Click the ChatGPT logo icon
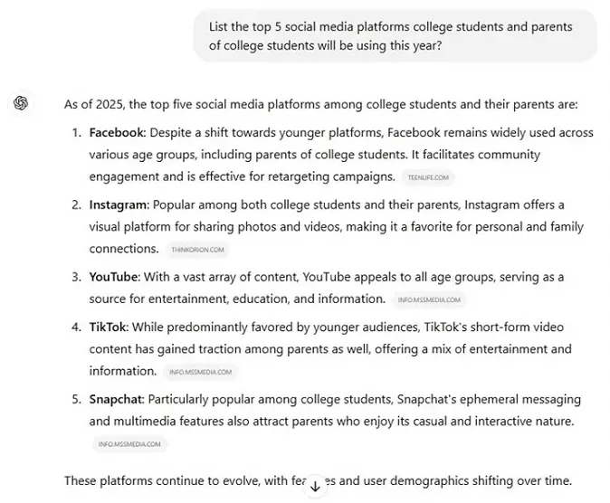click(x=21, y=103)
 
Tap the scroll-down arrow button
click(x=315, y=486)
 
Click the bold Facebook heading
click(x=117, y=132)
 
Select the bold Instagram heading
click(x=118, y=204)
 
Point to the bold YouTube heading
click(x=113, y=277)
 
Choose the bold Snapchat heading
click(x=116, y=399)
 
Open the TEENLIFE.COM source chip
click(x=428, y=177)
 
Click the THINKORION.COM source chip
click(x=197, y=250)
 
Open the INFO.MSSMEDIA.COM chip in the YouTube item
click(x=429, y=299)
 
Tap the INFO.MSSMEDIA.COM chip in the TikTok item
click(x=200, y=372)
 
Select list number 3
click(x=76, y=277)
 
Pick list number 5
click(x=76, y=399)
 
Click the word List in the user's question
click(x=219, y=27)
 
